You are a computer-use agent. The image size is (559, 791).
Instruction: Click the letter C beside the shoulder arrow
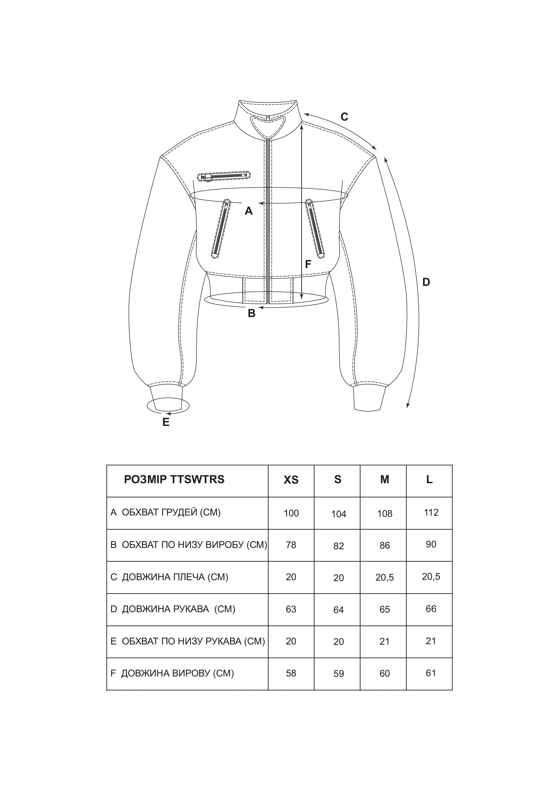click(344, 117)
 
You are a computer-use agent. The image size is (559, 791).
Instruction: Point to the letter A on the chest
click(249, 211)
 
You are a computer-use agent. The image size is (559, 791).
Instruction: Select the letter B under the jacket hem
click(252, 313)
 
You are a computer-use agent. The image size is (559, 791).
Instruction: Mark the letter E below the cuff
click(166, 422)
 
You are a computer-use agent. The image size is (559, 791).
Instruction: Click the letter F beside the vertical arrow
click(308, 264)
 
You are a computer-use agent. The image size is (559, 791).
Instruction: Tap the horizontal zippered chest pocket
click(224, 176)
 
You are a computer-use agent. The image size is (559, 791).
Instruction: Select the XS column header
click(291, 480)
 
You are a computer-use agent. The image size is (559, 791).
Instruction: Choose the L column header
click(429, 480)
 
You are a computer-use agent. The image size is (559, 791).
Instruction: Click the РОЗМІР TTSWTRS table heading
click(174, 480)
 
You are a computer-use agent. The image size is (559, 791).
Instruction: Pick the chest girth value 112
click(431, 512)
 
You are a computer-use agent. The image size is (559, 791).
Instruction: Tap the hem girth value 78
click(291, 545)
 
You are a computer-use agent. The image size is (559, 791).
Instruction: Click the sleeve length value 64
click(338, 610)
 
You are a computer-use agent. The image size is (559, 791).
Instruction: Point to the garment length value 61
click(431, 673)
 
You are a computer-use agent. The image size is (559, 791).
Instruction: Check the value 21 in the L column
click(431, 641)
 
